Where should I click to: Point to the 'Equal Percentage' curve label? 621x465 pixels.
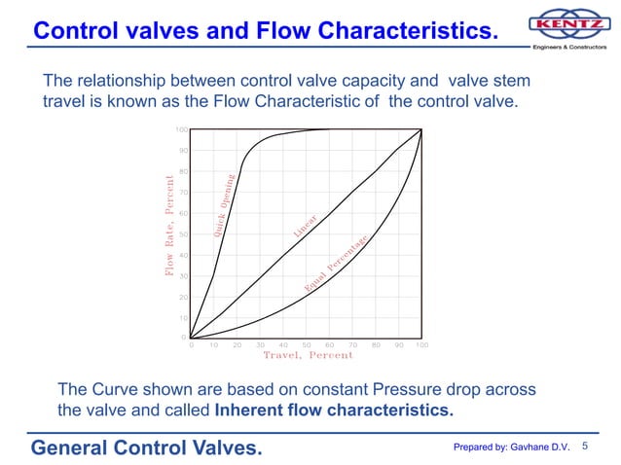[337, 265]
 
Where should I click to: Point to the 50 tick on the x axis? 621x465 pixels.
[307, 344]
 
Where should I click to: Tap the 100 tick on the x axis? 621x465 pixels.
[421, 344]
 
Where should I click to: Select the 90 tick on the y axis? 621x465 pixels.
[182, 151]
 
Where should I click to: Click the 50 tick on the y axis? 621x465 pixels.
[182, 234]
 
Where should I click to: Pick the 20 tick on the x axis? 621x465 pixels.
[237, 344]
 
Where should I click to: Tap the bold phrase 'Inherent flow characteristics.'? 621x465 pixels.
[333, 410]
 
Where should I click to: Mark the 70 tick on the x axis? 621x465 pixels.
[352, 344]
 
